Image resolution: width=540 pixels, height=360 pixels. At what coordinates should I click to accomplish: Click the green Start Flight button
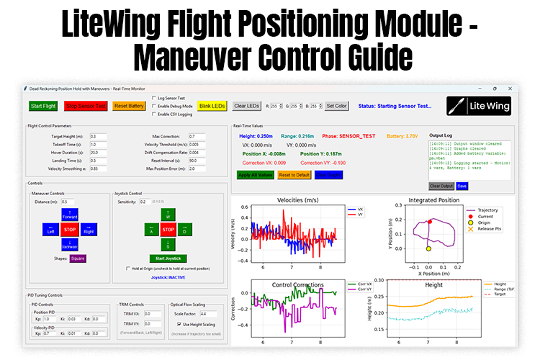(44, 106)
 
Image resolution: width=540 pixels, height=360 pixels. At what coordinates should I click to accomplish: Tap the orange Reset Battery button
(130, 106)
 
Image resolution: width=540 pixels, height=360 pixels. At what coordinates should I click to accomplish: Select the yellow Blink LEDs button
(212, 106)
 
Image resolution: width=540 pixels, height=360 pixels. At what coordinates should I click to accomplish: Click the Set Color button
(337, 106)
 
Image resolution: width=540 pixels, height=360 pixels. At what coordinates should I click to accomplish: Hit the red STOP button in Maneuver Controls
(70, 230)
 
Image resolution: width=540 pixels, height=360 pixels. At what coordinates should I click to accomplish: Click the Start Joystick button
(168, 258)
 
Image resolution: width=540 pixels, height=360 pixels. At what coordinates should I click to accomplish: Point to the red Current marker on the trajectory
(431, 222)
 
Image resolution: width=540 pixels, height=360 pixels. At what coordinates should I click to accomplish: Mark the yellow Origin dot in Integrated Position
(428, 248)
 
